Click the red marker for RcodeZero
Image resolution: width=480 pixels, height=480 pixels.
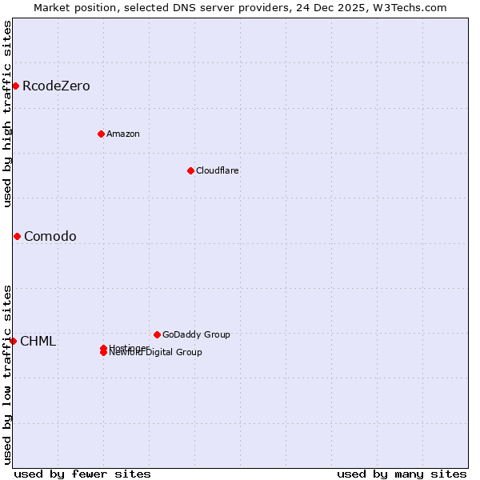pyautogui.click(x=15, y=86)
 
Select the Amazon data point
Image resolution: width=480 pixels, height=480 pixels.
pyautogui.click(x=101, y=134)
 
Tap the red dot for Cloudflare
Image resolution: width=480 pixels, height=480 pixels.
pyautogui.click(x=190, y=170)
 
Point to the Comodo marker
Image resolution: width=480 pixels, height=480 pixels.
pyautogui.click(x=17, y=236)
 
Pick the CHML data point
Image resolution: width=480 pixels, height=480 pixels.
pyautogui.click(x=13, y=341)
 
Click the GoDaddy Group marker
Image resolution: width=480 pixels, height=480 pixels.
pyautogui.click(x=157, y=334)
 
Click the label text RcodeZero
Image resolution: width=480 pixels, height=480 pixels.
pyautogui.click(x=56, y=86)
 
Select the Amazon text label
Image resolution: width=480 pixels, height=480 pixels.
pyautogui.click(x=123, y=134)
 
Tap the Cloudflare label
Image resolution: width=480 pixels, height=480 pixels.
pyautogui.click(x=218, y=170)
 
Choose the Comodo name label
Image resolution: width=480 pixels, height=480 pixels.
pyautogui.click(x=50, y=236)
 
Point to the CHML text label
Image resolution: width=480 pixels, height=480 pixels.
pyautogui.click(x=38, y=342)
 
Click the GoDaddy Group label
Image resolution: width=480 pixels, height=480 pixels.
pyautogui.click(x=196, y=334)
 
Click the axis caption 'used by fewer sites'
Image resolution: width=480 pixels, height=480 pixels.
pyautogui.click(x=82, y=474)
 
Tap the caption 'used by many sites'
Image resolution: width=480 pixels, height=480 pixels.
pyautogui.click(x=402, y=474)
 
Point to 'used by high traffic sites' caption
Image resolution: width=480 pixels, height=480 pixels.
pyautogui.click(x=7, y=114)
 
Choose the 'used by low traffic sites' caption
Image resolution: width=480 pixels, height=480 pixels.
pyautogui.click(x=7, y=374)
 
